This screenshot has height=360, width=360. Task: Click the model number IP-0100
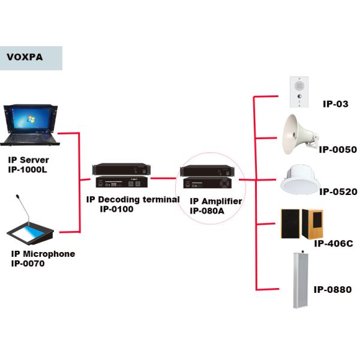(117, 209)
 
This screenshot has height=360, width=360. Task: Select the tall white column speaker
(302, 279)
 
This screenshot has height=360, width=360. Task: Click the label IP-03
(335, 104)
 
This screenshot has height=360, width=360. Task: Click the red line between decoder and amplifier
(165, 178)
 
